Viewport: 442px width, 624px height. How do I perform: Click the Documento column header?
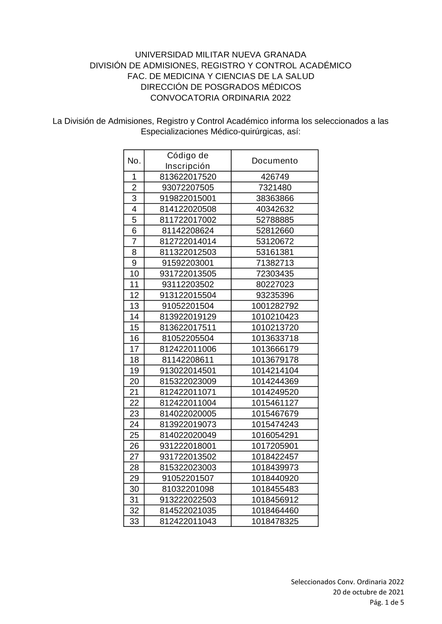tap(274, 161)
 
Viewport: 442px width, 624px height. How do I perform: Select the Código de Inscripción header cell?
tap(187, 161)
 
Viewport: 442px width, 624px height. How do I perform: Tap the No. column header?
tap(134, 161)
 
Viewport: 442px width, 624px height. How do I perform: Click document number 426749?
tap(274, 177)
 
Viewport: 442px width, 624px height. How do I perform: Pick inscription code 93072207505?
tap(187, 188)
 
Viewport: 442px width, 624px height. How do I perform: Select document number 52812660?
tap(274, 231)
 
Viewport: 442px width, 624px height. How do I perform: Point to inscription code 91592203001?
tap(187, 263)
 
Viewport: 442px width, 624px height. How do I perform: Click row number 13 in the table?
tap(134, 306)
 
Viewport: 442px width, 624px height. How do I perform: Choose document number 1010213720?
tap(274, 327)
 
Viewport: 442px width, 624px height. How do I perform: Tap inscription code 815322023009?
tap(187, 381)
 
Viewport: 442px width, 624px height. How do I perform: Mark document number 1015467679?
tap(274, 413)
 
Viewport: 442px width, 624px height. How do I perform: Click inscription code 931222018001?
tap(187, 446)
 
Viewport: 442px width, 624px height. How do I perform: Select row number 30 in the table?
tap(134, 489)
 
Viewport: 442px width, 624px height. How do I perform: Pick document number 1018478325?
tap(274, 521)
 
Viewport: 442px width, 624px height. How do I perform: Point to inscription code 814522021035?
tap(187, 511)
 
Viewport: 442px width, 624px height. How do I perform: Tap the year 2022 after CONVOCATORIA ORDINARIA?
tap(281, 98)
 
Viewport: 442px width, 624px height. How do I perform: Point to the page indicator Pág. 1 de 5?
tap(387, 602)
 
